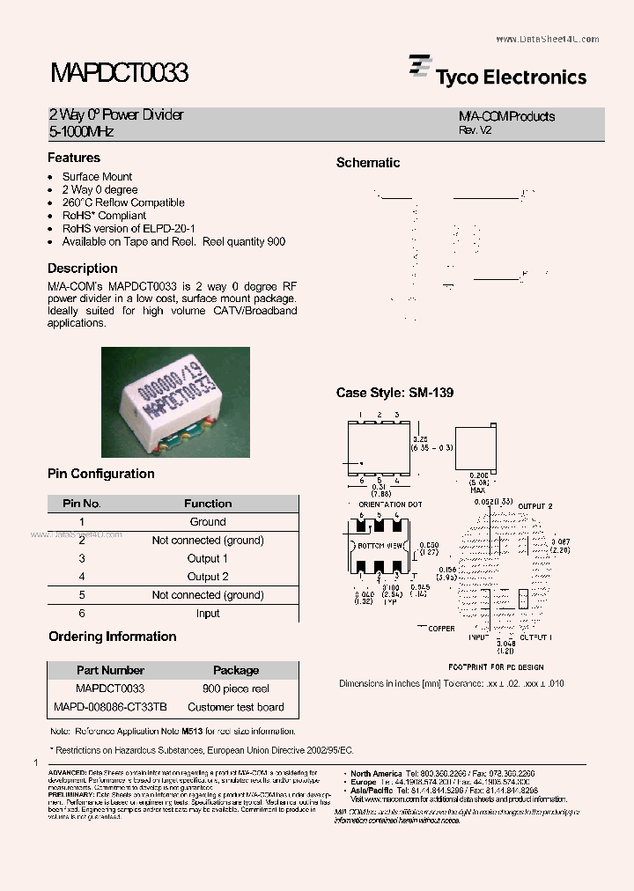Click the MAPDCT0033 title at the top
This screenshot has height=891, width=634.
click(118, 73)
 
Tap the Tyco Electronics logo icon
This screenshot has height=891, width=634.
click(419, 69)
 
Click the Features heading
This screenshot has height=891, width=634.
click(74, 158)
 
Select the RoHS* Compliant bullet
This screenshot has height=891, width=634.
click(104, 216)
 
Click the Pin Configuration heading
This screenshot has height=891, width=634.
click(101, 474)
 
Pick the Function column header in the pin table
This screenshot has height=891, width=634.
click(208, 504)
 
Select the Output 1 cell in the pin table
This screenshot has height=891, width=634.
click(208, 558)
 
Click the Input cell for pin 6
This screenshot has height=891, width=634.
click(208, 613)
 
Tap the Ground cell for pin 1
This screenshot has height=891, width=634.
click(208, 521)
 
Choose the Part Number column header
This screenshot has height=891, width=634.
click(110, 670)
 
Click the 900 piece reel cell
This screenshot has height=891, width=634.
click(236, 688)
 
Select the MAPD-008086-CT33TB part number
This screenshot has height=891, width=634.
click(110, 707)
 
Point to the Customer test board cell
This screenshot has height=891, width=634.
click(236, 707)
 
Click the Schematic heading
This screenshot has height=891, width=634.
click(368, 163)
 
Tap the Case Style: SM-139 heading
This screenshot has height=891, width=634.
click(394, 393)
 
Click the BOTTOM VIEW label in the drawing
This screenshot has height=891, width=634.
click(381, 546)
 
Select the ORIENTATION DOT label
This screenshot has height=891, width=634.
click(391, 504)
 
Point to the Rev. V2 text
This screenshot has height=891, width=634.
click(475, 129)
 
